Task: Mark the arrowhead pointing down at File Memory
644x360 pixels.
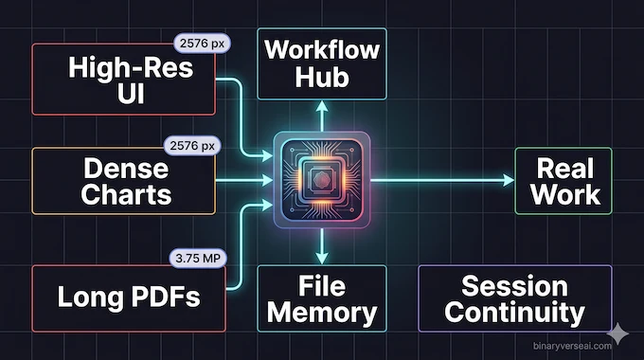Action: pos(322,256)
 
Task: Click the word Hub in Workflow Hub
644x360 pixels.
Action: pos(322,77)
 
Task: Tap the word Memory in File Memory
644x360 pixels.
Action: pos(322,312)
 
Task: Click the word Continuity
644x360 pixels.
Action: pos(514,312)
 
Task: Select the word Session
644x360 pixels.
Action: pos(514,285)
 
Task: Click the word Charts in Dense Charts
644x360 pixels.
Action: pos(126,194)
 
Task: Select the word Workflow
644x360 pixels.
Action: pos(322,48)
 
